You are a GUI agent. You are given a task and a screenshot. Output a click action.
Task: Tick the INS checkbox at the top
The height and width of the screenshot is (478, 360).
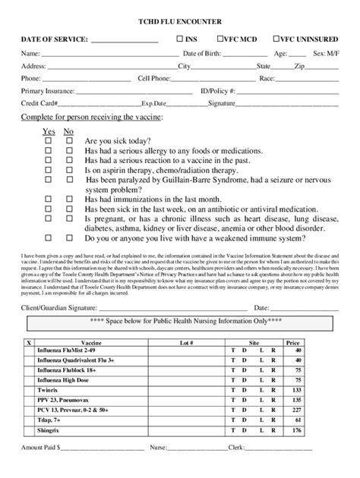(180, 38)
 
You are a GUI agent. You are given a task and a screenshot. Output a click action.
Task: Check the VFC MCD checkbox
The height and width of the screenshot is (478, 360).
(220, 38)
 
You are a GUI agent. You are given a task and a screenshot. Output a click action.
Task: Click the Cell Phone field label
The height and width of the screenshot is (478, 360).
(156, 77)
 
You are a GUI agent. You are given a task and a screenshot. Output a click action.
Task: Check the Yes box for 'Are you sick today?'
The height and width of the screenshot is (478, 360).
(49, 141)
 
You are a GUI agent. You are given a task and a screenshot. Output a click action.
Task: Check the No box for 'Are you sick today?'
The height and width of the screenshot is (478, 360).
(68, 141)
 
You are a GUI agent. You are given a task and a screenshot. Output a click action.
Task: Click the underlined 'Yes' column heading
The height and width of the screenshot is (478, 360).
(49, 131)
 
